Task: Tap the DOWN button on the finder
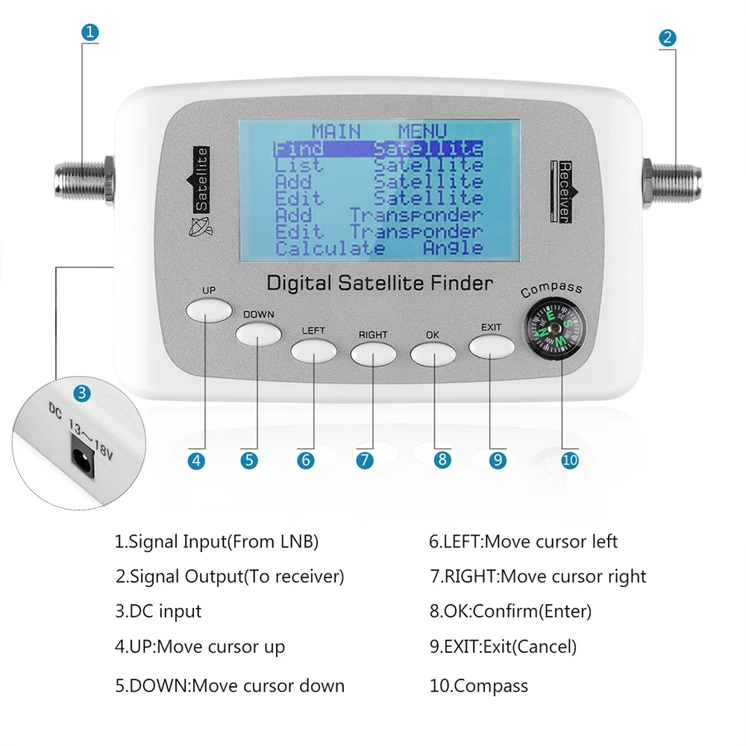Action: (258, 333)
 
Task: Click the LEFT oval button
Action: (313, 349)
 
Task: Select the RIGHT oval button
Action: (372, 354)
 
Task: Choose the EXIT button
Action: (491, 346)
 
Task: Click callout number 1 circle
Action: (90, 33)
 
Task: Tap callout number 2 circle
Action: (668, 38)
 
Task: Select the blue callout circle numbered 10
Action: (569, 460)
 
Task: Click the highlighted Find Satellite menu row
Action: (378, 148)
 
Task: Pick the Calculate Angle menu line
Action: (378, 248)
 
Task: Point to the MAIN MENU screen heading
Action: (378, 131)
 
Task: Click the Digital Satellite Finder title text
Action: (380, 283)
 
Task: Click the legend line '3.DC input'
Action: (158, 612)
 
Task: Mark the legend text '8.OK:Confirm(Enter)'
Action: (510, 612)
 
